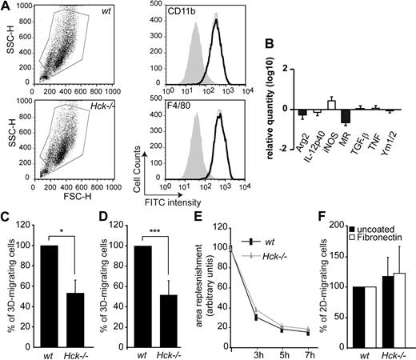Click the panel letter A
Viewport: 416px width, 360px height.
pyautogui.click(x=6, y=6)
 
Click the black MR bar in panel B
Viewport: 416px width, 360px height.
pyautogui.click(x=345, y=117)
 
